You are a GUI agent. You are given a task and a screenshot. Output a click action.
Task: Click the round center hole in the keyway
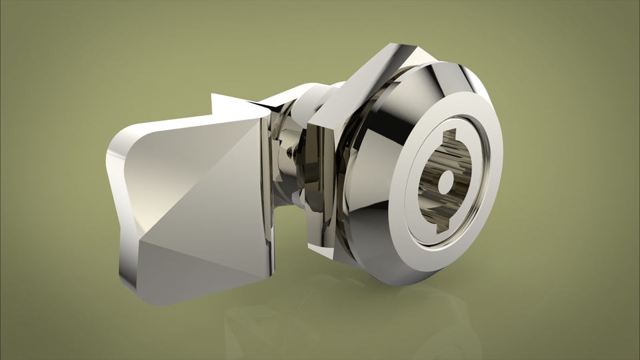pos(445,180)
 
